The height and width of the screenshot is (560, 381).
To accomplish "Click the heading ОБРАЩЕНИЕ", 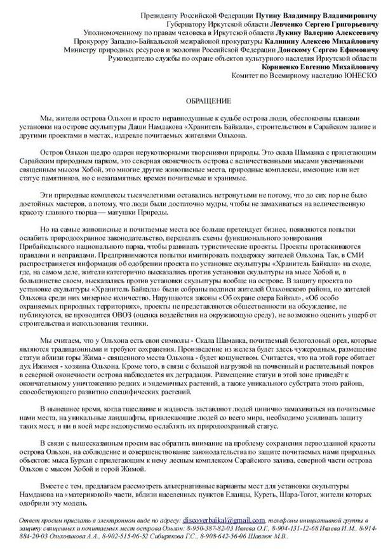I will (x=204, y=102).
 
